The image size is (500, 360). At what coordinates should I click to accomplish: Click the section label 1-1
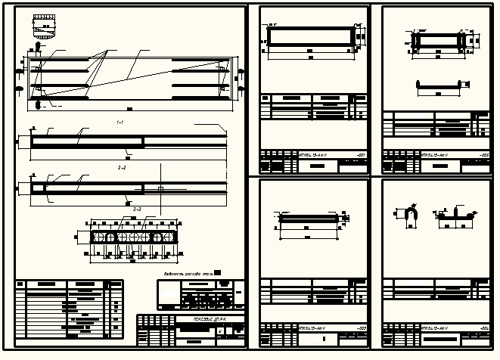120,122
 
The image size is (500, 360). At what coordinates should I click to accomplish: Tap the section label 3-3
136,208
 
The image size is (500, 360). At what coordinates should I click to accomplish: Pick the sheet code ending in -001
361,154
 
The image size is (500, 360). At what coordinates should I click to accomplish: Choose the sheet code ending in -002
484,154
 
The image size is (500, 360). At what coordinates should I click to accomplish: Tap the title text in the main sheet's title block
200,319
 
